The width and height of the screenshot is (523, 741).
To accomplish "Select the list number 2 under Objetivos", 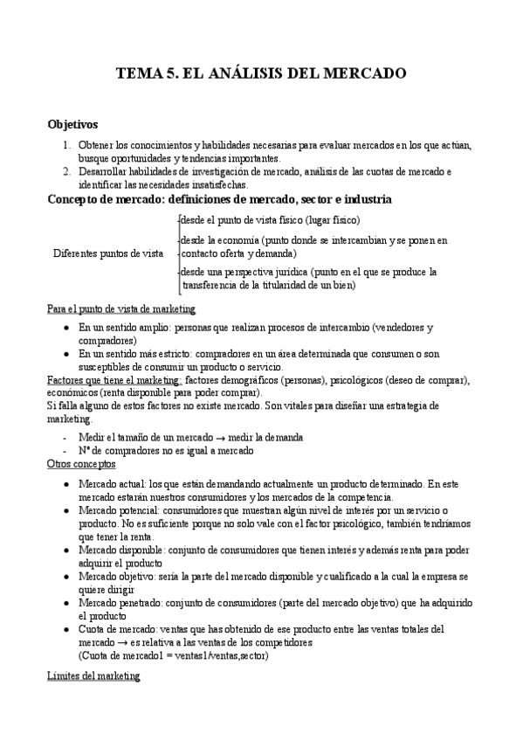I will [x=67, y=171].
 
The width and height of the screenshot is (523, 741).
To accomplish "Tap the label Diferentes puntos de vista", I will [x=108, y=253].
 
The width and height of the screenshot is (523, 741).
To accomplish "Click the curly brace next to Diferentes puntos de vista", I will [x=176, y=253].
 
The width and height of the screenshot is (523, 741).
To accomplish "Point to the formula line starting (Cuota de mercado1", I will [x=173, y=655].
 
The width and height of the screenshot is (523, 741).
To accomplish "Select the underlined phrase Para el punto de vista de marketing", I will [x=121, y=308].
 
